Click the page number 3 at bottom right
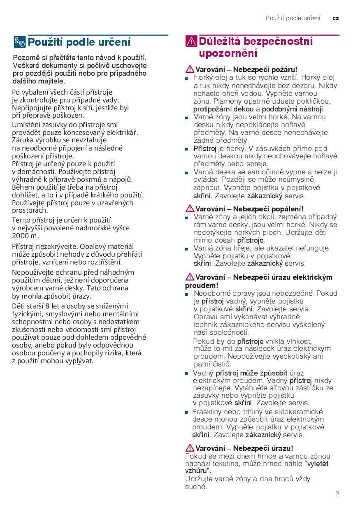[337, 493]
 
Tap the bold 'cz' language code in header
[336, 19]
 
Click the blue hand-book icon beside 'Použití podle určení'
[20, 42]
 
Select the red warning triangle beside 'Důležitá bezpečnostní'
[191, 42]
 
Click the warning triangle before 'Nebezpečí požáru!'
[190, 70]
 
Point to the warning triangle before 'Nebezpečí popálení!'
[190, 209]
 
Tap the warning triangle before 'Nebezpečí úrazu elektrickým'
[190, 277]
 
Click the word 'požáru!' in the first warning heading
[285, 70]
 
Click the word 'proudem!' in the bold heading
[202, 285]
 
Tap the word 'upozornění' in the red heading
[228, 53]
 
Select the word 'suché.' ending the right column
[196, 487]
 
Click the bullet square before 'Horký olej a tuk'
[186, 78]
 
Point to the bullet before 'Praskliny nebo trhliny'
[186, 412]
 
